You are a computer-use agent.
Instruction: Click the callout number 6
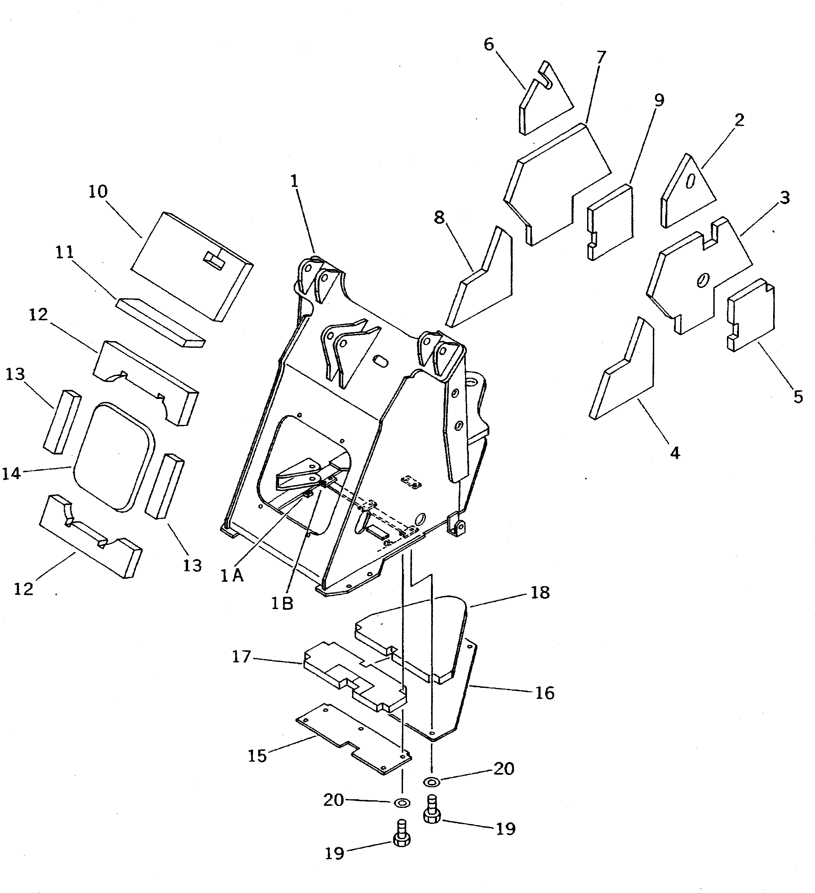tap(489, 44)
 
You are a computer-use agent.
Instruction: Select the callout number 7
tap(601, 58)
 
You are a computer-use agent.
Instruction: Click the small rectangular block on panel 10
tap(214, 260)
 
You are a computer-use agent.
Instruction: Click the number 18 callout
tap(540, 592)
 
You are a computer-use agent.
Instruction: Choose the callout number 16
tap(545, 693)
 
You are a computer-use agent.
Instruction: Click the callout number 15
tap(257, 756)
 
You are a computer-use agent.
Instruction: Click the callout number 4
tap(675, 453)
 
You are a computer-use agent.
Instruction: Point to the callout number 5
tap(798, 396)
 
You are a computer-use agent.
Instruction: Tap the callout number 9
tap(659, 100)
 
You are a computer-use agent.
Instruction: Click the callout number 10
tap(98, 191)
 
